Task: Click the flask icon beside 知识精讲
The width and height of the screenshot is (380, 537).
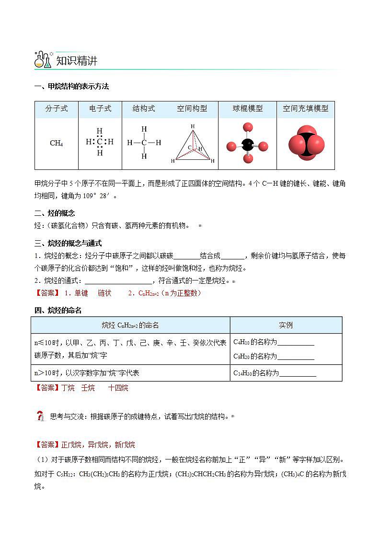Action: pyautogui.click(x=43, y=60)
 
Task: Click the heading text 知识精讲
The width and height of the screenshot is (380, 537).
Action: pyautogui.click(x=77, y=61)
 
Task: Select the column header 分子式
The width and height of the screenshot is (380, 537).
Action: pyautogui.click(x=57, y=109)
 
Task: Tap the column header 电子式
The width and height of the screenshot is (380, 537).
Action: pyautogui.click(x=100, y=109)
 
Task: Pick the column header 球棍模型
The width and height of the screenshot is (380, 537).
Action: pyautogui.click(x=248, y=109)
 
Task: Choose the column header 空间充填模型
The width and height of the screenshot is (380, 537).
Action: pyautogui.click(x=305, y=109)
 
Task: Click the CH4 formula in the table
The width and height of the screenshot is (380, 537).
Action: pyautogui.click(x=57, y=143)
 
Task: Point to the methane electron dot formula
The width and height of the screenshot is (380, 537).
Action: pyautogui.click(x=100, y=142)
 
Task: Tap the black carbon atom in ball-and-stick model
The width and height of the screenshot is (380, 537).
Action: pyautogui.click(x=247, y=145)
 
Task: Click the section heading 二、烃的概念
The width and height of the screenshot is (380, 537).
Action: pyautogui.click(x=55, y=213)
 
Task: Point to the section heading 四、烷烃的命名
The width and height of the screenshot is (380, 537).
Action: pyautogui.click(x=58, y=311)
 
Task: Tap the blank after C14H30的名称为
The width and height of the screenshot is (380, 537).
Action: pyautogui.click(x=298, y=373)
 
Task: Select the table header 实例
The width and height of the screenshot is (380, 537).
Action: pyautogui.click(x=286, y=325)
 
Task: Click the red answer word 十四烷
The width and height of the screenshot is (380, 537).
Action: pyautogui.click(x=118, y=388)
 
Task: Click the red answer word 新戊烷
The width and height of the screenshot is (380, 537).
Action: pyautogui.click(x=125, y=445)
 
